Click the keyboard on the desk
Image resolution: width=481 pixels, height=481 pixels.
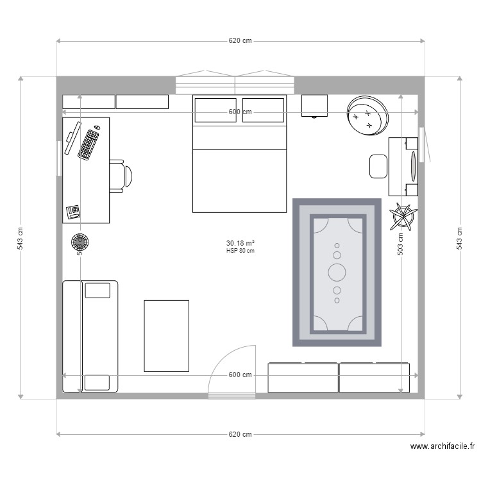tap(88, 144)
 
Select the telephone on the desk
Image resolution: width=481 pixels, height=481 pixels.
tap(72, 211)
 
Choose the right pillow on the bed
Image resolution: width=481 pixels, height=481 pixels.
tap(263, 110)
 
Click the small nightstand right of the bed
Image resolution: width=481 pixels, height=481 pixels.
tap(314, 106)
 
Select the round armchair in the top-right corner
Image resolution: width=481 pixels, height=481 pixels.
tap(367, 116)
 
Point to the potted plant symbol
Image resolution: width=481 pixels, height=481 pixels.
tap(403, 216)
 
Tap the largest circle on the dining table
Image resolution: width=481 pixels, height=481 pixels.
tap(337, 272)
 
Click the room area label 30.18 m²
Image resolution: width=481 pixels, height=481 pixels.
tap(240, 243)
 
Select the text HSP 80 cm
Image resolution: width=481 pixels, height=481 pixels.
tap(240, 251)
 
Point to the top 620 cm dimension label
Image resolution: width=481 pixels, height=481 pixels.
tap(240, 40)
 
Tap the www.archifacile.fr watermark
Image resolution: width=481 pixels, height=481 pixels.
tap(442, 447)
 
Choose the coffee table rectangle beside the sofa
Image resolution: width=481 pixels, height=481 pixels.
tap(166, 335)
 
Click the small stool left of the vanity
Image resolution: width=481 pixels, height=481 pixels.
tap(378, 166)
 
